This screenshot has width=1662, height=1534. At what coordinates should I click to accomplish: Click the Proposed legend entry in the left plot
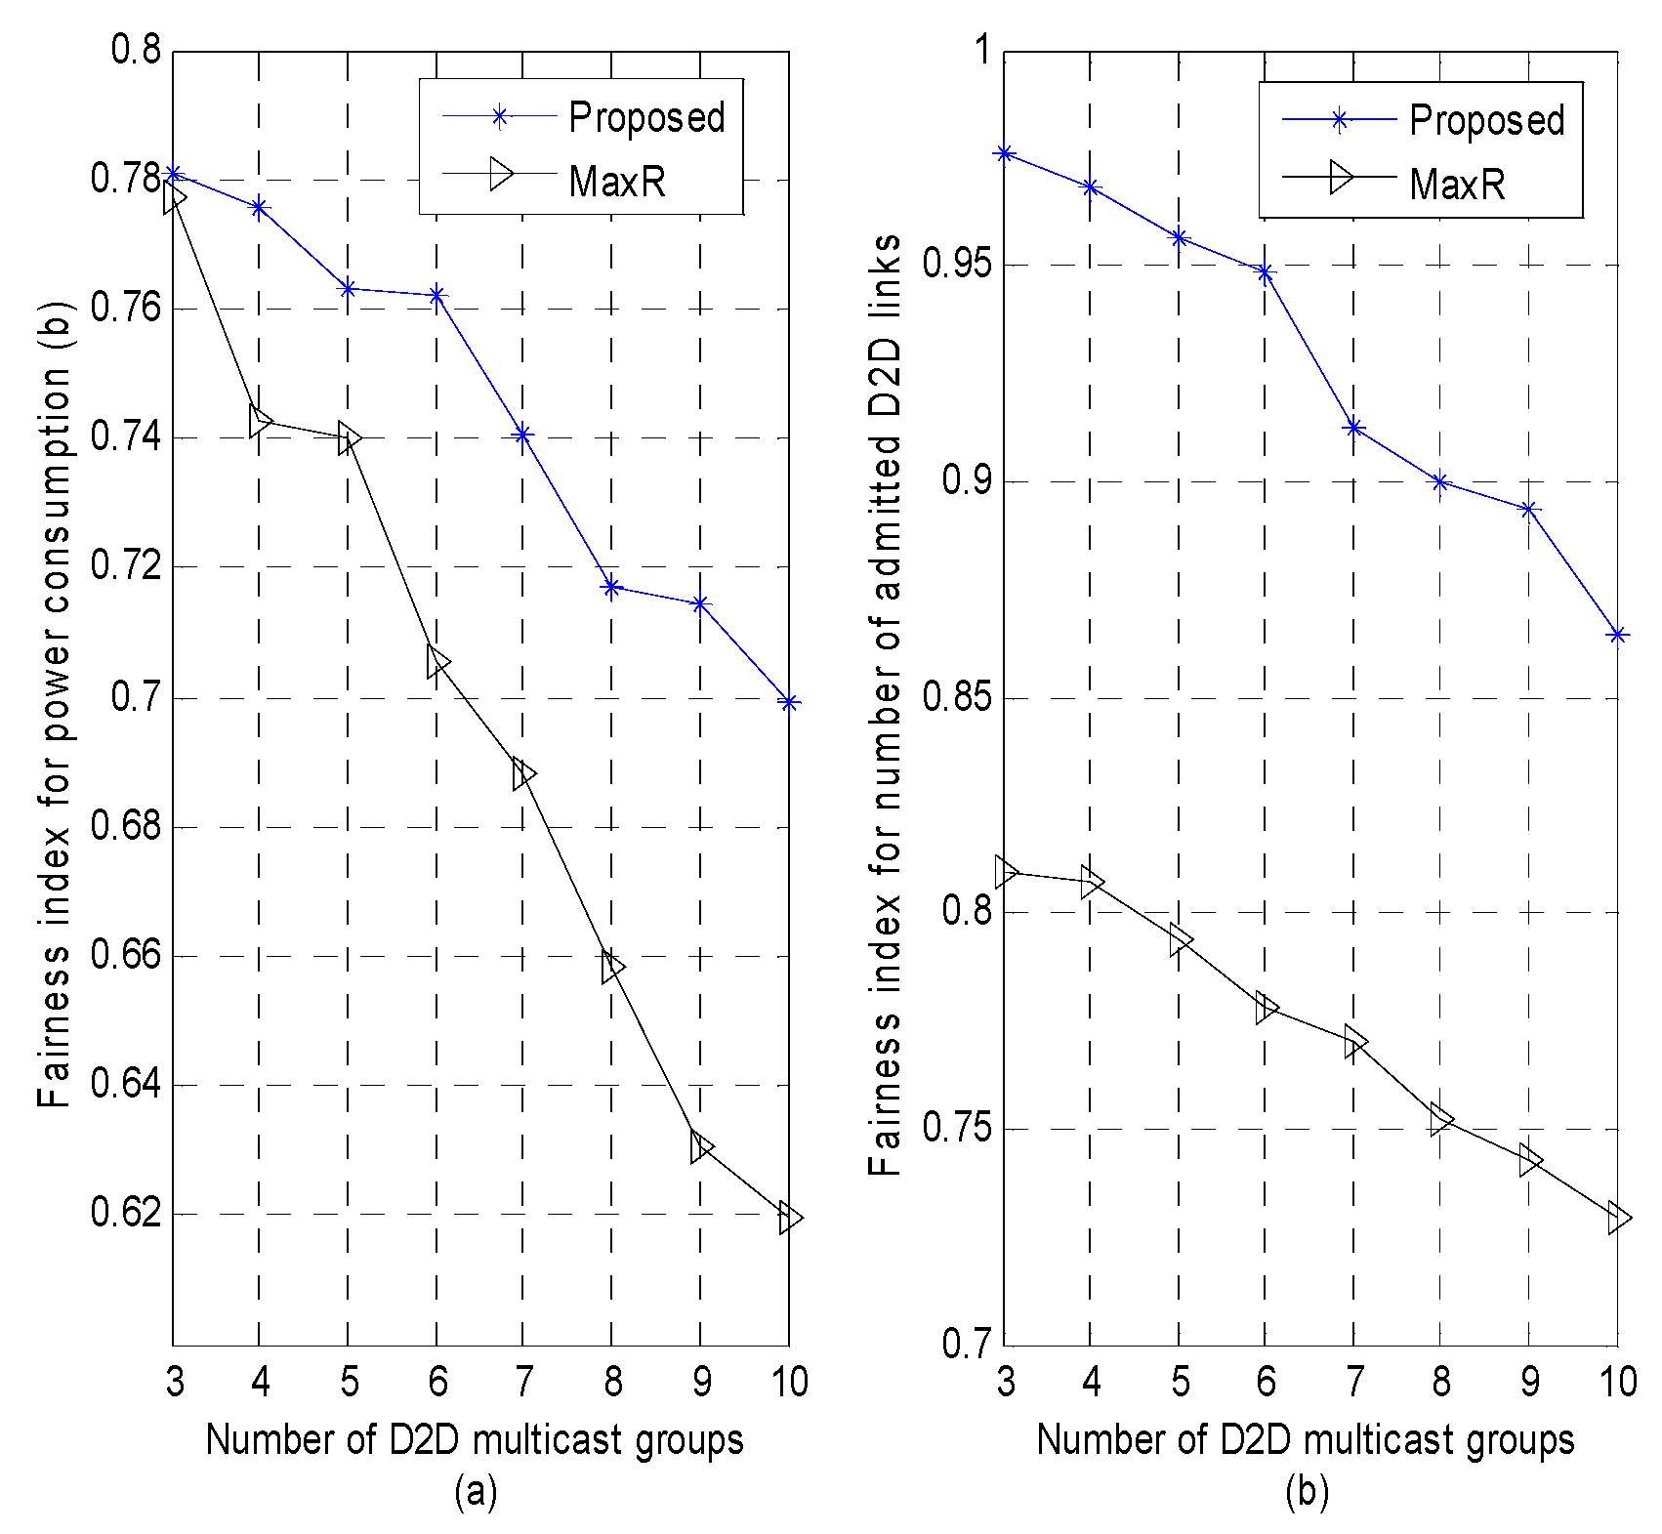645,117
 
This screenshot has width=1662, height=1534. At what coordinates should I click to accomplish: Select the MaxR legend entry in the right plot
1456,183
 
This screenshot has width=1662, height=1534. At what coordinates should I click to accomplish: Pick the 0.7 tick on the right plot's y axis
967,1345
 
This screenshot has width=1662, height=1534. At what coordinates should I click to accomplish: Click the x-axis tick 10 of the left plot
789,1381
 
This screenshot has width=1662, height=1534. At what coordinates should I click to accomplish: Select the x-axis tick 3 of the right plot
1005,1381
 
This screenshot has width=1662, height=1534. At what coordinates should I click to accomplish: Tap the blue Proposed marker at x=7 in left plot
523,435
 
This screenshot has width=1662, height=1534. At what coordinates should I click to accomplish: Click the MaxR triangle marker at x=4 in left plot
260,422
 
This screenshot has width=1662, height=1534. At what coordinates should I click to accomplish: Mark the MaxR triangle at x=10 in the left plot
789,1218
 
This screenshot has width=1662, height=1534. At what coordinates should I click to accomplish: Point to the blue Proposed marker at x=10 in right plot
1618,635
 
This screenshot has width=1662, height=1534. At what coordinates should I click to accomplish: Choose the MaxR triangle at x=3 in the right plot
1006,871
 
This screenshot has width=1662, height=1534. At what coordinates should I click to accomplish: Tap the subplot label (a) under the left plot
476,1491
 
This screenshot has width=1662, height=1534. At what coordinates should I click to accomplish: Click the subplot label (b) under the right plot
1307,1491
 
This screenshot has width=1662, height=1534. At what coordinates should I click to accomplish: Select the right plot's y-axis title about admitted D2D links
886,703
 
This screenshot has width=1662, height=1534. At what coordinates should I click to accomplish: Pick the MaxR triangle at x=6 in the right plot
1266,1008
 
